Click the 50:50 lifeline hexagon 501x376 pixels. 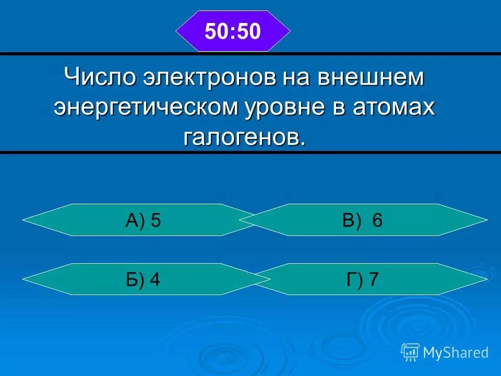point(233,31)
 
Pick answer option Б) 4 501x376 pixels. point(142,280)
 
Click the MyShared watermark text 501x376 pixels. point(456,352)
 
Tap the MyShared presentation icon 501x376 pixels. point(410,352)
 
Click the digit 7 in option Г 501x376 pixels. point(373,280)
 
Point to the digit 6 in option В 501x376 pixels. point(378,220)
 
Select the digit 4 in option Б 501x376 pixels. point(154,280)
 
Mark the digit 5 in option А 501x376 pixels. point(156,220)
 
